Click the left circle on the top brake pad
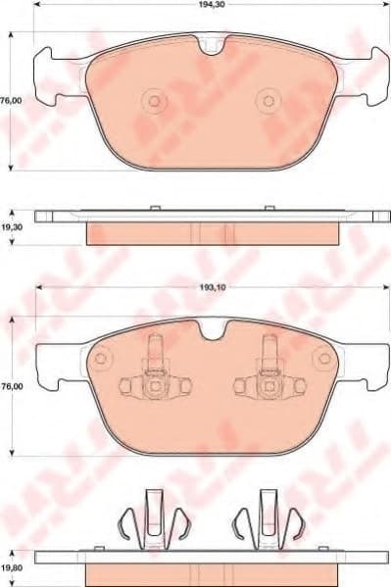coord(153,100)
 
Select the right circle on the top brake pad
coord(268,100)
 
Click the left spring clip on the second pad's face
coord(153,377)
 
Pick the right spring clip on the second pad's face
coord(267,377)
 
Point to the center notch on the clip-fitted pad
coord(211,331)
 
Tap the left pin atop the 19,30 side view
coord(153,208)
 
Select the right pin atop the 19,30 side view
coord(268,208)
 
